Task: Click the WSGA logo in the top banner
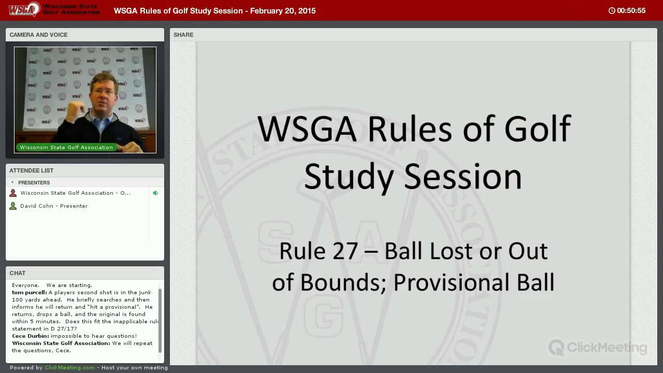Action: point(24,9)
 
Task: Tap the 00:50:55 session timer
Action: point(631,11)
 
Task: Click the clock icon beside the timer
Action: point(612,11)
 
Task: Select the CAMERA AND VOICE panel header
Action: point(38,35)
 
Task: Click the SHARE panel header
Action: point(183,35)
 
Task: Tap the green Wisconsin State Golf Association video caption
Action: point(66,147)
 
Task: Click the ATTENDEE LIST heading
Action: point(32,170)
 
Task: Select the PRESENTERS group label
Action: point(34,183)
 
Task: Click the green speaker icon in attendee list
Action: point(155,193)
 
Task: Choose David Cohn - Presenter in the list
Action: point(54,206)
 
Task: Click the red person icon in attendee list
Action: point(13,193)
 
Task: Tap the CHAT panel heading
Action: point(18,273)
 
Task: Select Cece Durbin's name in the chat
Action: point(31,336)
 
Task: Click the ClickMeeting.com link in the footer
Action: point(69,367)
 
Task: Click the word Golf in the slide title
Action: point(538,128)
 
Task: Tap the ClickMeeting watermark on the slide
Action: point(598,347)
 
